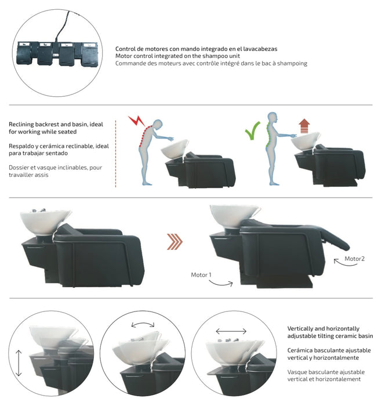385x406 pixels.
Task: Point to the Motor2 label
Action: pos(355,258)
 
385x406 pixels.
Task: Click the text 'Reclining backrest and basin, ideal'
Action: pos(56,125)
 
